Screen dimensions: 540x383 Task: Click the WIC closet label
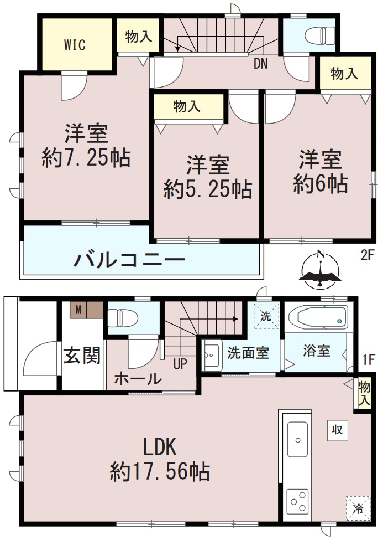[x=75, y=45]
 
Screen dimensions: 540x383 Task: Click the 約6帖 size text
[x=321, y=183]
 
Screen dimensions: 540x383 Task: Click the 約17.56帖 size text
[x=159, y=472]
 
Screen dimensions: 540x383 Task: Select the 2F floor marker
[x=368, y=256]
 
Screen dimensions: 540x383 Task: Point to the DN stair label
[x=260, y=64]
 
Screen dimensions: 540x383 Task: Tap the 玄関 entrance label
[x=82, y=356]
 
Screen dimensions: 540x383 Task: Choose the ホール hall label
[x=138, y=379]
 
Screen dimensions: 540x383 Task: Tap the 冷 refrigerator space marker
[x=358, y=508]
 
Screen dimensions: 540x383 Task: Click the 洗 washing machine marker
[x=266, y=317]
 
